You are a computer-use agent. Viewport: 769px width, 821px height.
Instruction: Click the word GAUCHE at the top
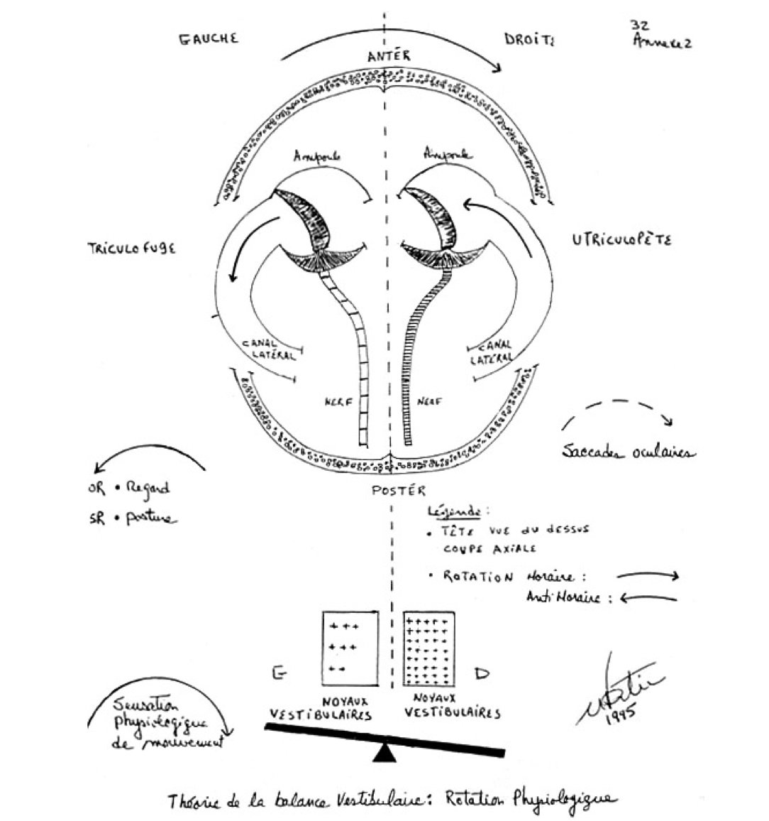coord(208,38)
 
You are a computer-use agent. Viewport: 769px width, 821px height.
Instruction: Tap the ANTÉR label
coord(388,55)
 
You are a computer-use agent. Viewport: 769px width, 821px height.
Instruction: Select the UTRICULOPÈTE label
coord(621,240)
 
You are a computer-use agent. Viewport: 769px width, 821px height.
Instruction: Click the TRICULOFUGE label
coord(131,249)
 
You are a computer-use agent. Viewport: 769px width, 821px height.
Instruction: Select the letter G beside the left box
coord(280,673)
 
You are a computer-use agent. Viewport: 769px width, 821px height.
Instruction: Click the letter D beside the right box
coord(482,673)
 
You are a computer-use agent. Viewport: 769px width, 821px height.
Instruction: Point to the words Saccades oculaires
coord(628,452)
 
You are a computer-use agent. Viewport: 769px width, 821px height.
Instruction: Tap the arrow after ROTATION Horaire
coord(647,576)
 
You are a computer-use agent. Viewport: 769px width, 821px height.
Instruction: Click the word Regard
coord(148,489)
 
